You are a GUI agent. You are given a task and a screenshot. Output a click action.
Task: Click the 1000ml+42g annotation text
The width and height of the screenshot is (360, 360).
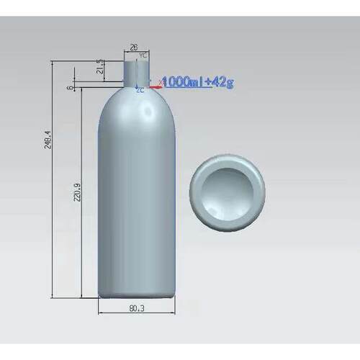tap(197, 82)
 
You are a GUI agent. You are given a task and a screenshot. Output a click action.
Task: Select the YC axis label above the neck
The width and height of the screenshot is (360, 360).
tap(143, 55)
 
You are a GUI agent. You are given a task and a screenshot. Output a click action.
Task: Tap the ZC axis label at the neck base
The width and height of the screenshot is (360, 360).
tap(140, 91)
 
